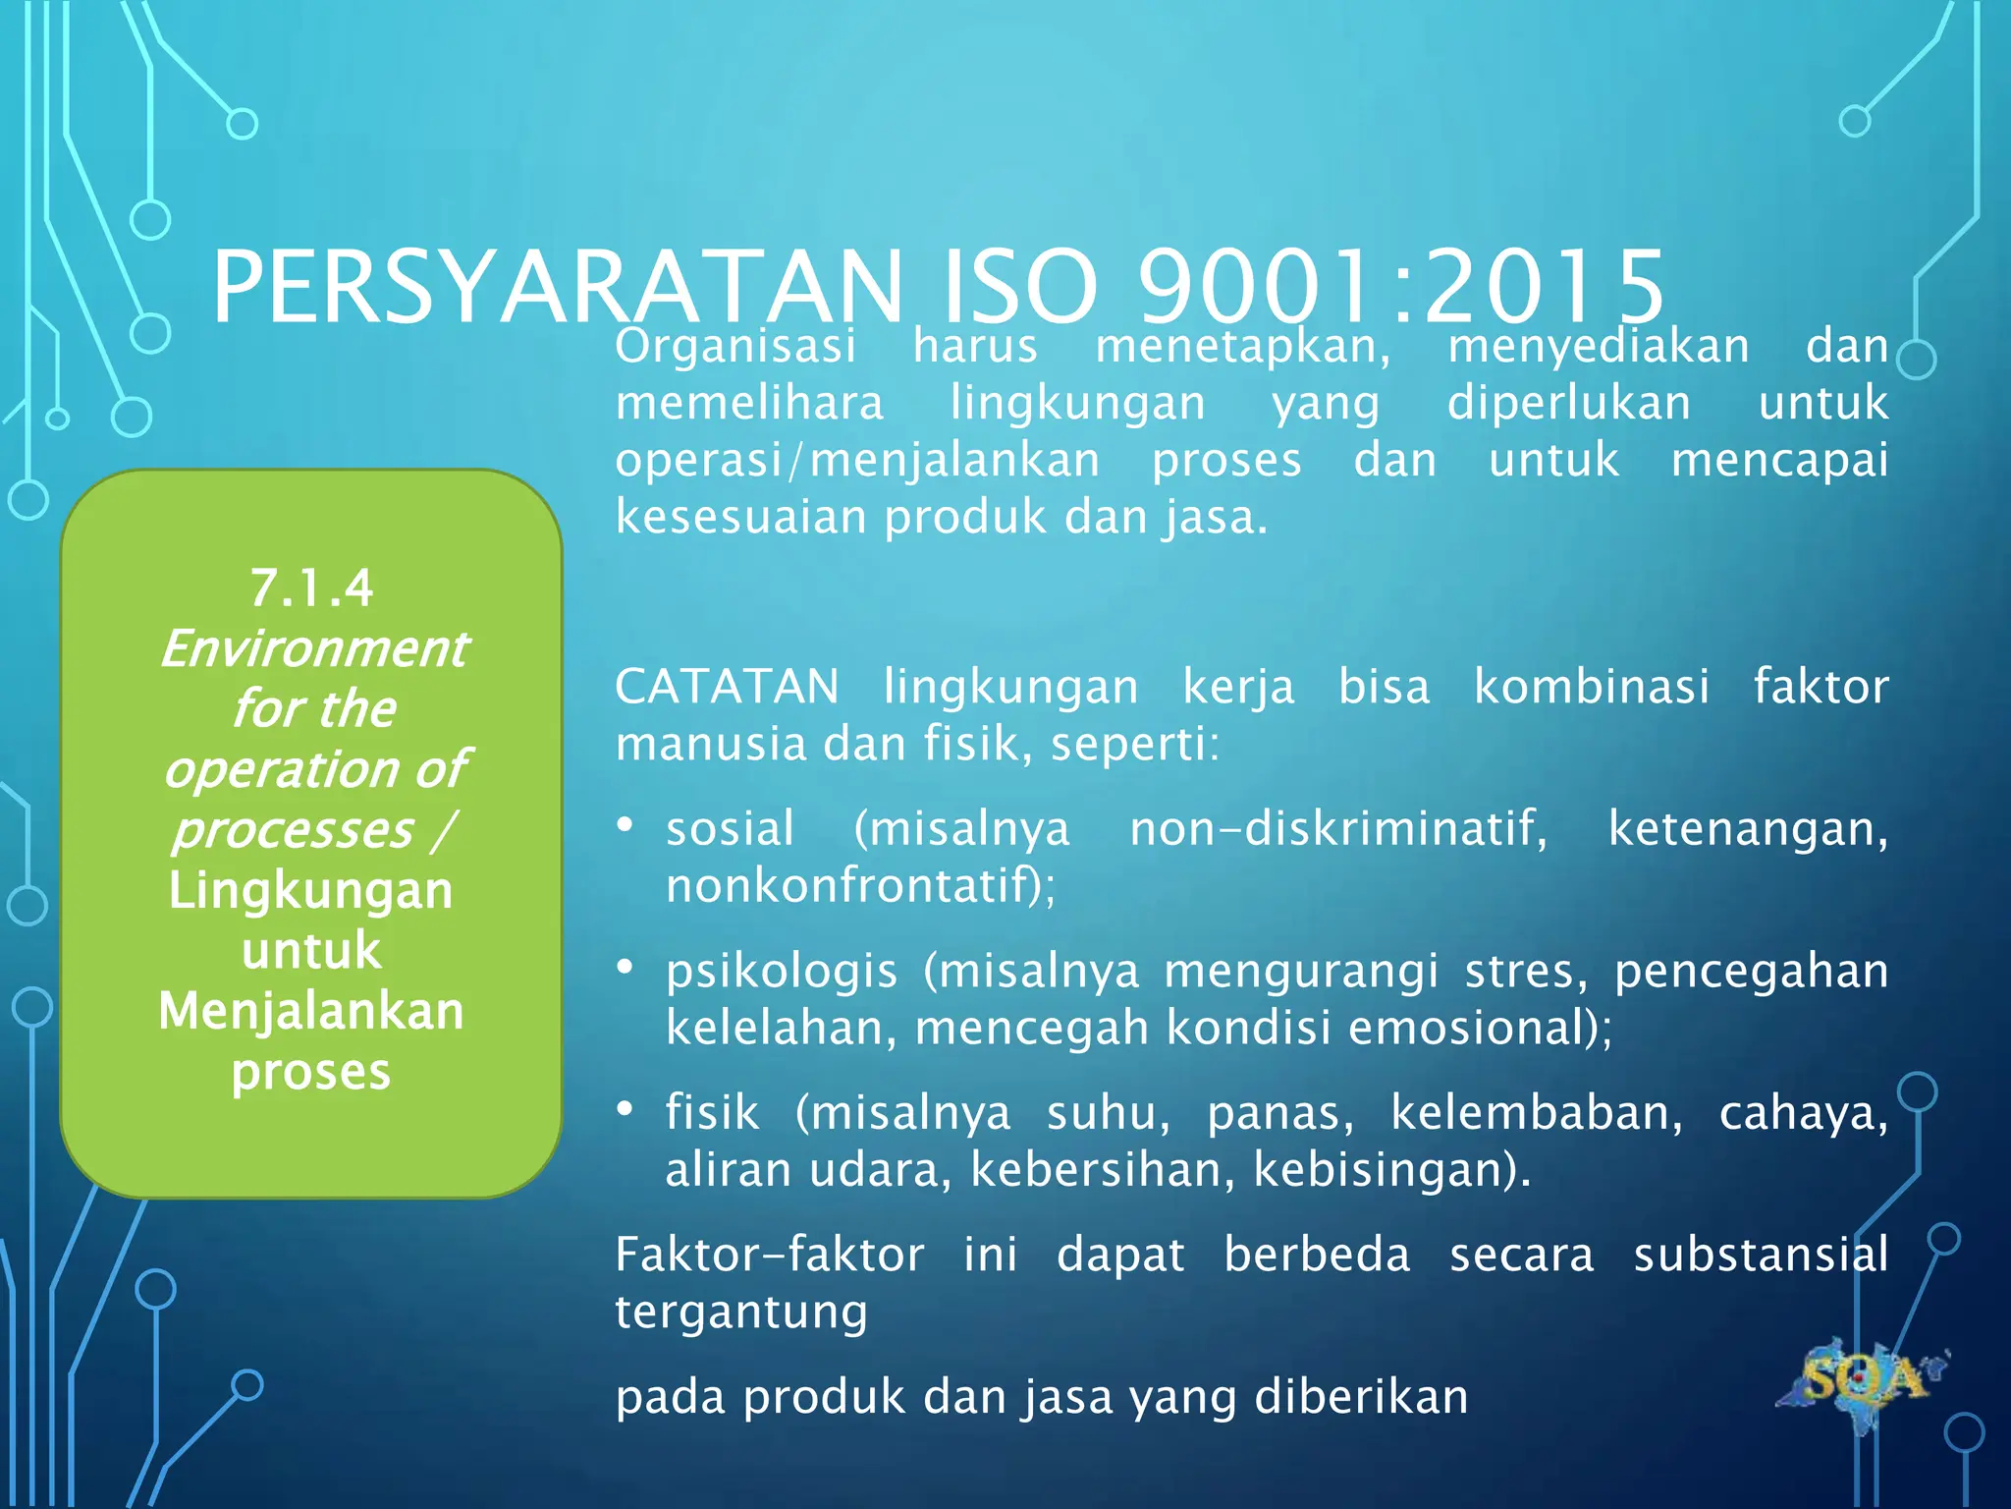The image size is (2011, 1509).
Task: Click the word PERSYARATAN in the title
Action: tap(557, 287)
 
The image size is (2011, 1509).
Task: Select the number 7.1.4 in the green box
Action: tap(311, 588)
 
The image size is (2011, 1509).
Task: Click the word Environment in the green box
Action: tap(314, 648)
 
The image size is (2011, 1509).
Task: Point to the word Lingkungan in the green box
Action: tap(311, 890)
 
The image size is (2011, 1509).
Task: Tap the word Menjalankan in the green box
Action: tap(311, 1011)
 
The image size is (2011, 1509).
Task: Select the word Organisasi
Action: tap(735, 346)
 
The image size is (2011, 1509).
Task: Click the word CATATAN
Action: tap(727, 686)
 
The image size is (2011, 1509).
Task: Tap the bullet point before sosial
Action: tap(625, 825)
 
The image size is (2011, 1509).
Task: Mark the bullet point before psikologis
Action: tap(625, 968)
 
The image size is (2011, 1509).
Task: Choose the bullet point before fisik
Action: tap(625, 1109)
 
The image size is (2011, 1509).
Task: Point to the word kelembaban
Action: tap(1535, 1113)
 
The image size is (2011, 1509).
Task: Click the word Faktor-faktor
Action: tap(770, 1255)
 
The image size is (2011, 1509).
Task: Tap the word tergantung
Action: tap(741, 1313)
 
